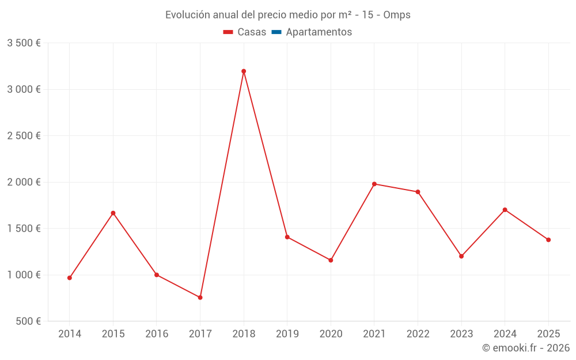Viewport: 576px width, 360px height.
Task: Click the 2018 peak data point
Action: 244,71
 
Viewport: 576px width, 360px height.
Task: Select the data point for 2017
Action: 200,297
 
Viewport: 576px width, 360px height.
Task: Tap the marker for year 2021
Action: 374,184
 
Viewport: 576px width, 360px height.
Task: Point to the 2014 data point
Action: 70,278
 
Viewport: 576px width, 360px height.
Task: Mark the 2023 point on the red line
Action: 461,256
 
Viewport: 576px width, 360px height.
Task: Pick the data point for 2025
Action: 548,240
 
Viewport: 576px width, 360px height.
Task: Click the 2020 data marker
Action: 331,260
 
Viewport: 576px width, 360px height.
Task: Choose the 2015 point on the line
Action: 113,213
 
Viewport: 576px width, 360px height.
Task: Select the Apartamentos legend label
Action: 319,32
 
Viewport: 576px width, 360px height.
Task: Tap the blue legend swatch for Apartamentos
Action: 276,32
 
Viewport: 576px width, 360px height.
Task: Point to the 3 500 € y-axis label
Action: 24,43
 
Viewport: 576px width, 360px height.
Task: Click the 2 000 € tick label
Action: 24,182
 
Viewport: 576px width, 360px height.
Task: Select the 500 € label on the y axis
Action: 28,321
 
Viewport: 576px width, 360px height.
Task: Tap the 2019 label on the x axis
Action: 287,334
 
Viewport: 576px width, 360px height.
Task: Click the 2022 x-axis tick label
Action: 418,334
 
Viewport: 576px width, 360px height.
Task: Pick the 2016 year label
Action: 157,334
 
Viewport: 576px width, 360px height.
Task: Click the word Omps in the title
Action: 397,15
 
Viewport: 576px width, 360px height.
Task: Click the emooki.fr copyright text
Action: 526,348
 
